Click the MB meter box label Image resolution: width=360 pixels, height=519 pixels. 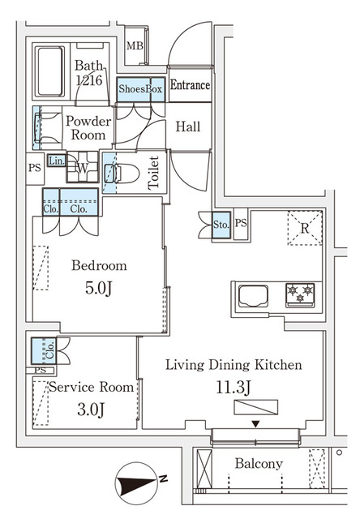(135, 45)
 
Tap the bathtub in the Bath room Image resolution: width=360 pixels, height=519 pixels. (50, 71)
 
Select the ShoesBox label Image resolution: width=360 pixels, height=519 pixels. (140, 88)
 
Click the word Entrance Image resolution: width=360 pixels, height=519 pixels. (191, 84)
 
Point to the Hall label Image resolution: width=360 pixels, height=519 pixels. (188, 127)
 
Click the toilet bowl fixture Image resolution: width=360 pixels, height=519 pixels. (122, 173)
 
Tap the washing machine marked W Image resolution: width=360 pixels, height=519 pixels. (83, 167)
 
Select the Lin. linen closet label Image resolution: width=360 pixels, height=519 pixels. (57, 161)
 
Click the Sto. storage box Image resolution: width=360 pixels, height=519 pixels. (221, 225)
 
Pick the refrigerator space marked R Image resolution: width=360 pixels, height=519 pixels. (305, 228)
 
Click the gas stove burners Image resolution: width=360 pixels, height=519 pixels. (300, 294)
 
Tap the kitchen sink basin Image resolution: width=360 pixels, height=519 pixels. (253, 295)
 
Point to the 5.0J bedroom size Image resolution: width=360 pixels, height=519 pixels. (99, 289)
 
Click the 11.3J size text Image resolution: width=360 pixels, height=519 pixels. (234, 388)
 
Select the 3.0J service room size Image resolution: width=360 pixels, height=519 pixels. (91, 410)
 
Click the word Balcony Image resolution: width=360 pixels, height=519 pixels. (259, 464)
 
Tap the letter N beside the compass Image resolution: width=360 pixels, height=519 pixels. (163, 478)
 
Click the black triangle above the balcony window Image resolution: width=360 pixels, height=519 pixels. (255, 423)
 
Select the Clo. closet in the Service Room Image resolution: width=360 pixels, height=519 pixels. (44, 351)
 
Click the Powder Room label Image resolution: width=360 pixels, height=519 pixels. (88, 128)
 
